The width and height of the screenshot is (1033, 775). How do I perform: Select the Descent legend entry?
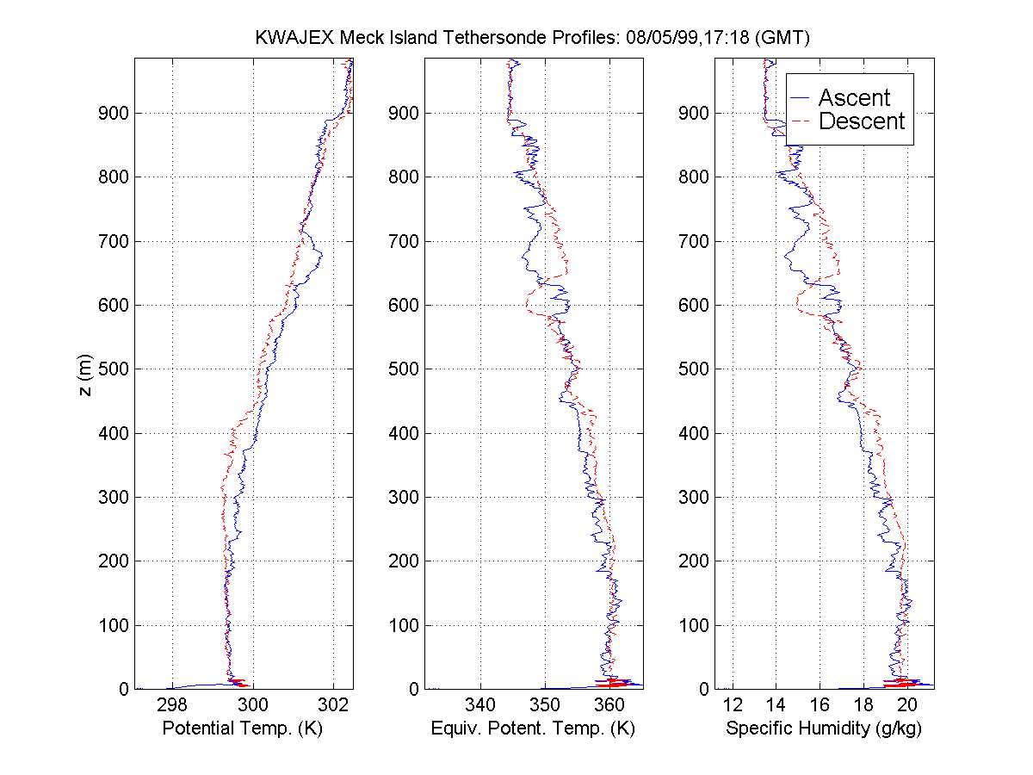point(861,122)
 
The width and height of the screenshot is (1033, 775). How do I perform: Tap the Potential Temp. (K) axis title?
point(243,728)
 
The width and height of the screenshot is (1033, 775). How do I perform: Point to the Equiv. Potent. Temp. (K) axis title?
point(533,728)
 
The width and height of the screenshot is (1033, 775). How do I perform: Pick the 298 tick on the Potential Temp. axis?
point(172,705)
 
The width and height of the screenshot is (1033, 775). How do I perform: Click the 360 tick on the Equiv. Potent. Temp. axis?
point(609,705)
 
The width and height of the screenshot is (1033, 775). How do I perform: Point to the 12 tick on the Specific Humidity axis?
point(733,705)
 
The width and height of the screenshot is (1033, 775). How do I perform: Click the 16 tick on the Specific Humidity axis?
point(820,705)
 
